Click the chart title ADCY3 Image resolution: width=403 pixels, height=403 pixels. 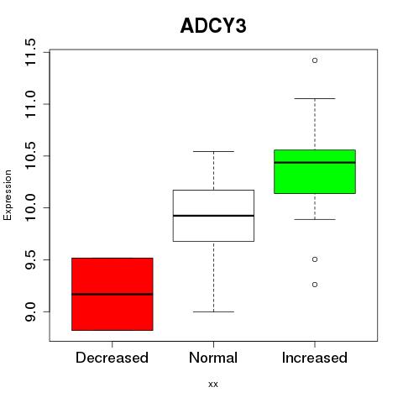pos(213,26)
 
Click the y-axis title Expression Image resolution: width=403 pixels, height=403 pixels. pos(8,195)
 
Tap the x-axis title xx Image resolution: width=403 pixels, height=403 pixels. pos(213,385)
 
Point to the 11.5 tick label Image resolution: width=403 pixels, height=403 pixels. pos(30,52)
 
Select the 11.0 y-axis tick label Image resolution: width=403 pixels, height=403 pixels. pos(30,104)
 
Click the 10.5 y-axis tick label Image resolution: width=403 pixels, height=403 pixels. pos(30,156)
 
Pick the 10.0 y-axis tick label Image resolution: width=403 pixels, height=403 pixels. pos(30,207)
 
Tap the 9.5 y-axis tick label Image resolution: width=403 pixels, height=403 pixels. pos(30,259)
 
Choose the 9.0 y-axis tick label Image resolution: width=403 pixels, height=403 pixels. pos(30,311)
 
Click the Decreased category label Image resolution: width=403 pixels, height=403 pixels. pos(112,358)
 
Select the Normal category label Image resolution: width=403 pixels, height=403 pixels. pos(213,358)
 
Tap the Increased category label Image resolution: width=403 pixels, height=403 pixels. pos(315,358)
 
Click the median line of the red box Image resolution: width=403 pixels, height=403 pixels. pos(113,294)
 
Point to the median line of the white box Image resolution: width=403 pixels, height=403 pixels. pos(213,216)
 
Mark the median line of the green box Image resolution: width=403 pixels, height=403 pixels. pos(315,162)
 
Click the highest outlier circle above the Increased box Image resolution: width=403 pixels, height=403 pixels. pos(315,60)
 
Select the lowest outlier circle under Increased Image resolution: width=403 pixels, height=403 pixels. pos(315,285)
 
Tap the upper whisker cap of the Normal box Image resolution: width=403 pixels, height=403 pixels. pos(213,151)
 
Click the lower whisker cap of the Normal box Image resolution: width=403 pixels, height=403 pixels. pos(213,311)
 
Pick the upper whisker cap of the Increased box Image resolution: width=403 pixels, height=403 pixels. pos(315,98)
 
